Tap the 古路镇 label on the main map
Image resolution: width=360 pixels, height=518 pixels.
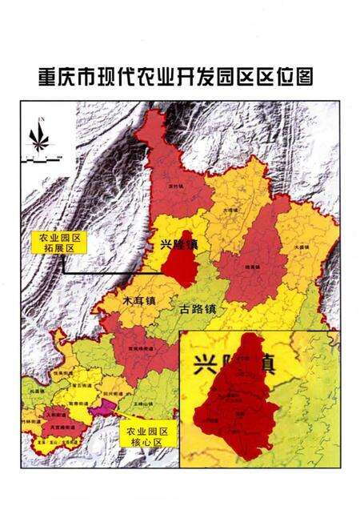pyautogui.click(x=198, y=307)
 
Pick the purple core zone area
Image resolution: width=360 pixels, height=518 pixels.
pyautogui.click(x=102, y=408)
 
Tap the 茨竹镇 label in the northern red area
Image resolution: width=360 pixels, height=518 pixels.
pyautogui.click(x=170, y=185)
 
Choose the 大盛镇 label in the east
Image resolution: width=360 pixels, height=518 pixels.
pyautogui.click(x=301, y=248)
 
